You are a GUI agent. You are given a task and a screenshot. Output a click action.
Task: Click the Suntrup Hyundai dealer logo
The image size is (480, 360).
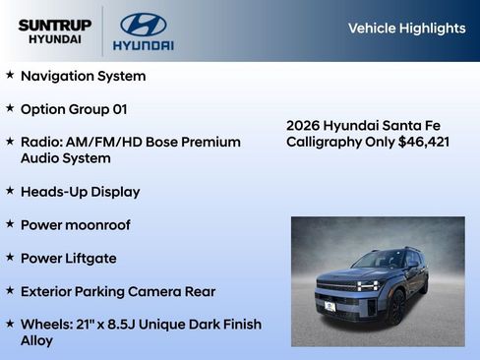coord(54,31)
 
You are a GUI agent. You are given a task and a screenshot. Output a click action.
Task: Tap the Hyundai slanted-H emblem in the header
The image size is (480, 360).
coord(143,25)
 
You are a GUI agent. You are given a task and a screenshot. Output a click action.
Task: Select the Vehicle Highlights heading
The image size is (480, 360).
coord(406,29)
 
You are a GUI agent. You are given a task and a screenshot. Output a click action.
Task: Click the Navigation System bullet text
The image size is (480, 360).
coord(83,76)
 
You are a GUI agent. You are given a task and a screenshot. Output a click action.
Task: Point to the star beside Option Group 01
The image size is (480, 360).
coord(10,108)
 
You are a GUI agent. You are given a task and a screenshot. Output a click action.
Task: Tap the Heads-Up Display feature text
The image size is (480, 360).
coord(80,192)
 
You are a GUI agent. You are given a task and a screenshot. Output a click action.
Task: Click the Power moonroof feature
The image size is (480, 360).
coord(75,225)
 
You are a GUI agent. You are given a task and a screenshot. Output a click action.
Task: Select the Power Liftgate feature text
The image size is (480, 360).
coord(68,259)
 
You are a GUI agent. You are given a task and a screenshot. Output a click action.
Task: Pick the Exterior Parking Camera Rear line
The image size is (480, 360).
coord(117,292)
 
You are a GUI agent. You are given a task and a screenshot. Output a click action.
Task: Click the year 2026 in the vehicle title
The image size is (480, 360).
coord(304,125)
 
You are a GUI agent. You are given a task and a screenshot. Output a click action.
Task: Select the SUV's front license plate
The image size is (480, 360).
coord(330,306)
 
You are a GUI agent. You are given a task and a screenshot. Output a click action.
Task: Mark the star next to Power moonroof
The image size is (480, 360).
coord(10,224)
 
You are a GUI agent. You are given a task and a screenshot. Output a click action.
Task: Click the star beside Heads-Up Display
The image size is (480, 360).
coord(10,191)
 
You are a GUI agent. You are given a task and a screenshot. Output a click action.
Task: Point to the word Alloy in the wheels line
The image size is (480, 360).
coord(37,340)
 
